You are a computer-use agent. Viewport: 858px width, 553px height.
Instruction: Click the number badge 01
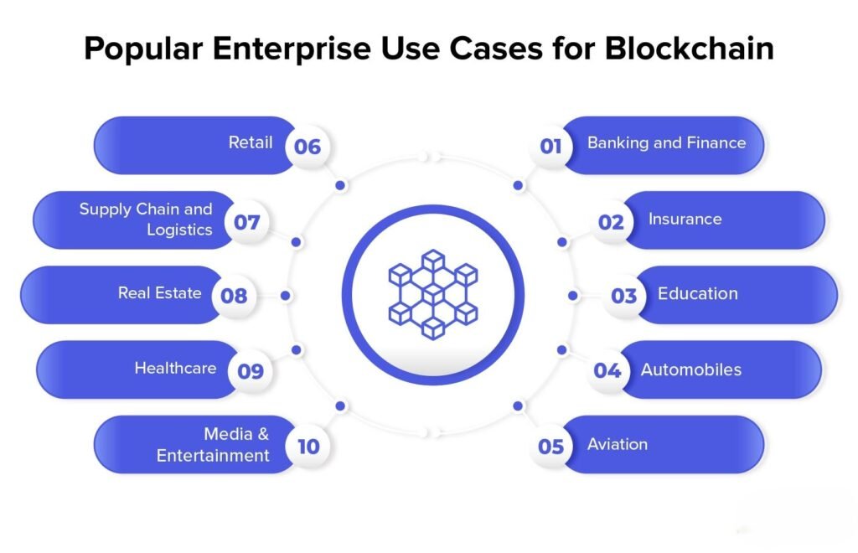click(550, 146)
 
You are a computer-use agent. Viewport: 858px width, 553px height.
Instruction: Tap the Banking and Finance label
click(666, 142)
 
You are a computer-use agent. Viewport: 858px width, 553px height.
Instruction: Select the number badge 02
click(611, 221)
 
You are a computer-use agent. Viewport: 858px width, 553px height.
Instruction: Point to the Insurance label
click(685, 219)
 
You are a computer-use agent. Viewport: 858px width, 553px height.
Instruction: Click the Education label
click(698, 294)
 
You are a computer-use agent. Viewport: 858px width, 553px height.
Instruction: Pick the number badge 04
click(607, 370)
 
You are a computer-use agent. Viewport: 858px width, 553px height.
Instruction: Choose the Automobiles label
click(691, 370)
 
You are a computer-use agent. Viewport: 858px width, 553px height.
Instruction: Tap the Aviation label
click(618, 444)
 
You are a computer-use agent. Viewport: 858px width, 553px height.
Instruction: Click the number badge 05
click(550, 447)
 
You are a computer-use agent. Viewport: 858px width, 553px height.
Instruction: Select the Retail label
click(250, 142)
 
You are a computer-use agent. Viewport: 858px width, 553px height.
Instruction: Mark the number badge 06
click(308, 146)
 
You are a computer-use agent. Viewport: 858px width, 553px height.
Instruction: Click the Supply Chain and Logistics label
click(146, 219)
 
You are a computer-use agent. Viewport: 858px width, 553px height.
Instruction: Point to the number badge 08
click(234, 296)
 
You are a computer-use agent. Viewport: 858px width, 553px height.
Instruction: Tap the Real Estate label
click(160, 292)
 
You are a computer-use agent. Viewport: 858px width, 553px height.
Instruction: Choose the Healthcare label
click(175, 368)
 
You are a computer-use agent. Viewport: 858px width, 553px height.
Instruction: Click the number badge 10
click(308, 447)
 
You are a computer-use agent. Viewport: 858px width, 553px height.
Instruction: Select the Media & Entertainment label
click(213, 444)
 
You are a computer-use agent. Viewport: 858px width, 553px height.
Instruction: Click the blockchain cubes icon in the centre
click(433, 294)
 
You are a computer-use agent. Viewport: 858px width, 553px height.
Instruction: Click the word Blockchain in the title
click(690, 48)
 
